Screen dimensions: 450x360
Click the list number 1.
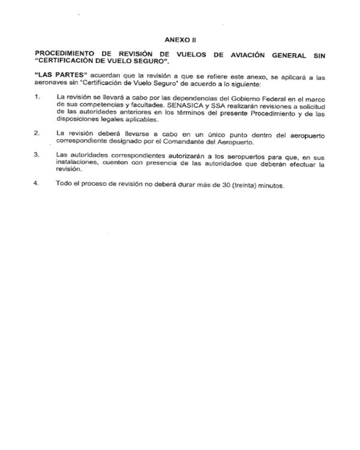click(37, 96)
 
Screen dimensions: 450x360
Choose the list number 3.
click(37, 155)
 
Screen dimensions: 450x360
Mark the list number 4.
click(37, 185)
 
